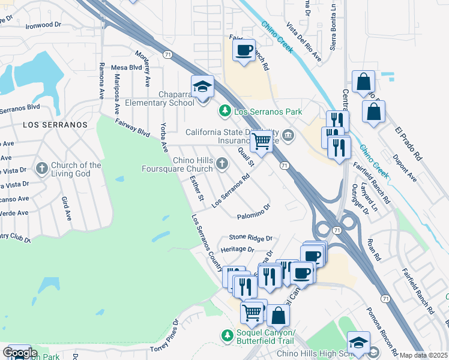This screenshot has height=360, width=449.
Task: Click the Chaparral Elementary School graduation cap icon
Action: pos(202,87)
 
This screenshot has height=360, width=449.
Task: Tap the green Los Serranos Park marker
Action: pos(224,111)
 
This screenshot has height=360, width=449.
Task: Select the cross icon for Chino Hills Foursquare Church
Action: pos(221,163)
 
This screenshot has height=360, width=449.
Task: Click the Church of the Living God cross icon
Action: pos(41,168)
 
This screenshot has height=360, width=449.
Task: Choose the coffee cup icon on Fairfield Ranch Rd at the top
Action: pos(244,50)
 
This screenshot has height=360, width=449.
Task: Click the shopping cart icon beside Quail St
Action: pos(261,141)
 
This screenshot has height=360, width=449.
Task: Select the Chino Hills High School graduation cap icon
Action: pos(358,343)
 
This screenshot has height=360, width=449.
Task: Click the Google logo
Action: pos(19,353)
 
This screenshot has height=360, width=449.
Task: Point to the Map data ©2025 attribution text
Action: pos(424,355)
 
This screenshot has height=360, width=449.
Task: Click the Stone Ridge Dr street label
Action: pos(250,238)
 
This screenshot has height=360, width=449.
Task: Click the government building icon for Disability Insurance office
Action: pos(288,134)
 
